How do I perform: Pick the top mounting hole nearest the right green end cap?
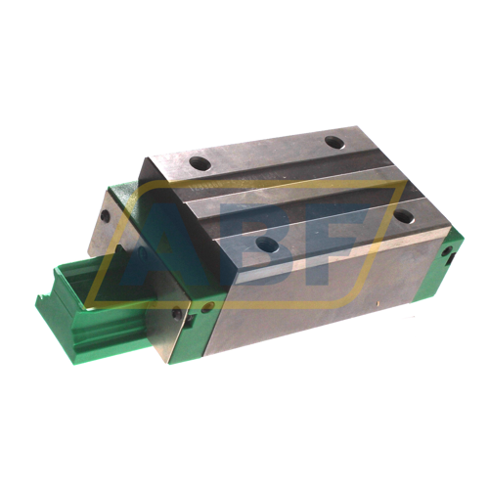coord(402,216)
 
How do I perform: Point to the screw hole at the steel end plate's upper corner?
coord(105,216)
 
